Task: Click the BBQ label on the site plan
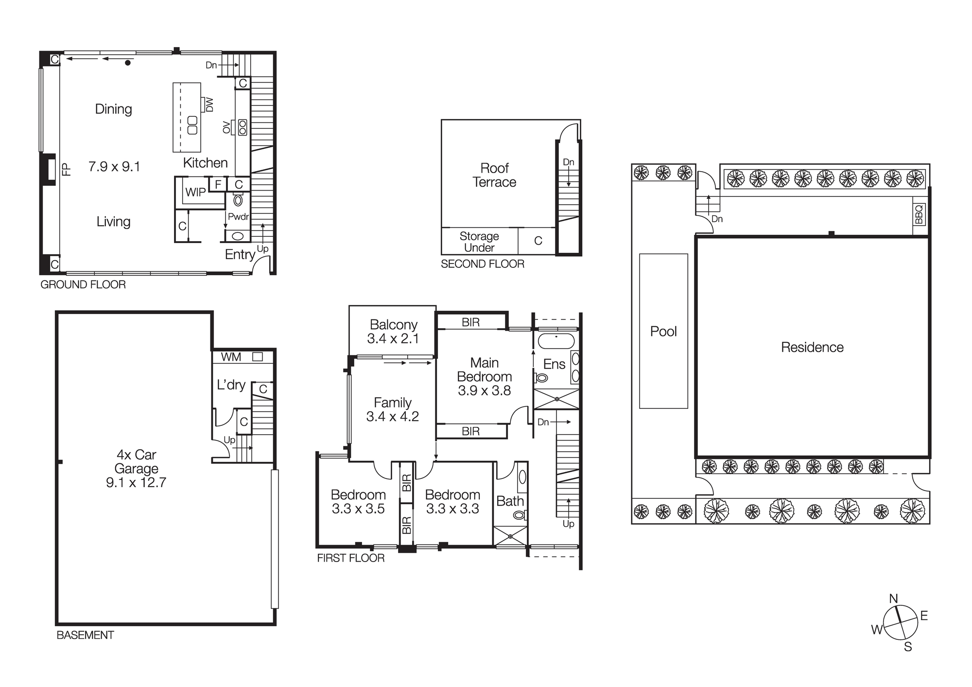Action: coord(919,214)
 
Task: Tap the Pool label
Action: coord(663,332)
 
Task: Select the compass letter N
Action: coord(893,599)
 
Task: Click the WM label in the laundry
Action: coord(231,357)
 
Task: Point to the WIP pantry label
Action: coord(195,192)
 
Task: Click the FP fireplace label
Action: coord(67,169)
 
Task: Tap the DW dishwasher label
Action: coord(209,105)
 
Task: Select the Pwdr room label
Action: coord(238,217)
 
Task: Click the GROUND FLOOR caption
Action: coord(83,285)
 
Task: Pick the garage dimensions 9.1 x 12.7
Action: coord(136,482)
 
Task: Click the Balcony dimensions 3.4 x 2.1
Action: coord(393,338)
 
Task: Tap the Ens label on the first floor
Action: coord(554,364)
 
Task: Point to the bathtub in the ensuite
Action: coord(556,341)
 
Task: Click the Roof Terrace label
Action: coord(494,175)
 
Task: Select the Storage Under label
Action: coord(479,242)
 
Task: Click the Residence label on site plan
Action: coord(812,347)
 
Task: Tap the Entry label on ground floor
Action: coord(240,254)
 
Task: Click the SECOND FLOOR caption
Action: coord(482,264)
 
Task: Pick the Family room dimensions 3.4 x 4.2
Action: coord(392,417)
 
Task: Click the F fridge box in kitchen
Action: coord(218,184)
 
